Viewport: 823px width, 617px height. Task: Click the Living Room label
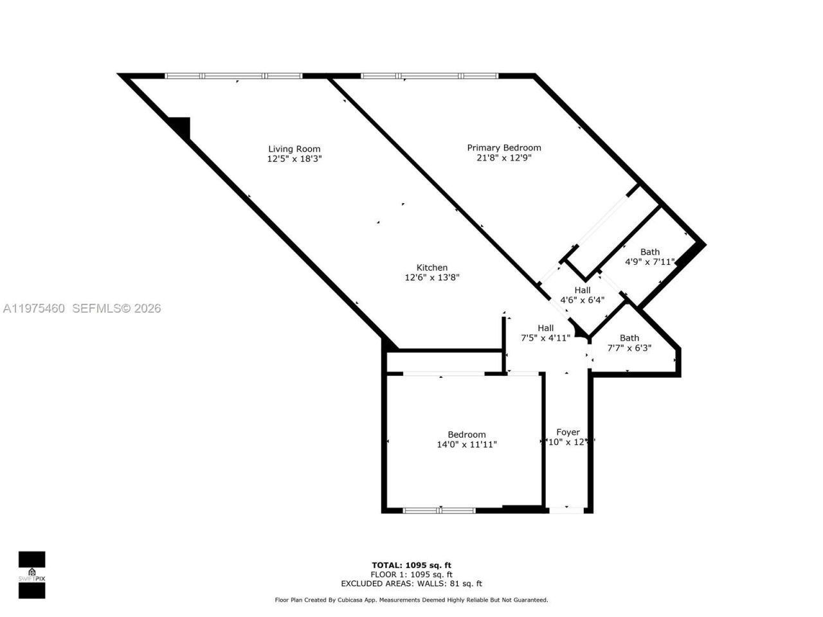pyautogui.click(x=294, y=149)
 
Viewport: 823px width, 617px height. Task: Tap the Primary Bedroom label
pyautogui.click(x=503, y=148)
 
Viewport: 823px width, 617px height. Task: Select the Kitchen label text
pyautogui.click(x=431, y=268)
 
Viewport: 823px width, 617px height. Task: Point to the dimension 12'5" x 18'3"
pyautogui.click(x=294, y=159)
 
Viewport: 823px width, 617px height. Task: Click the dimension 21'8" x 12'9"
pyautogui.click(x=503, y=157)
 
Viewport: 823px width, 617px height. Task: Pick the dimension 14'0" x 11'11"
pyautogui.click(x=466, y=444)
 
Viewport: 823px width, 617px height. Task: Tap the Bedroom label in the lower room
pyautogui.click(x=466, y=434)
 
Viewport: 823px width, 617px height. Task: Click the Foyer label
pyautogui.click(x=568, y=433)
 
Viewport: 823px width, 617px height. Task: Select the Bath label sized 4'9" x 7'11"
pyautogui.click(x=649, y=252)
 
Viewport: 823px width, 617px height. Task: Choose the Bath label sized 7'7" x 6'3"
pyautogui.click(x=629, y=338)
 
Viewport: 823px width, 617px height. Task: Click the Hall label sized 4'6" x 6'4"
pyautogui.click(x=582, y=291)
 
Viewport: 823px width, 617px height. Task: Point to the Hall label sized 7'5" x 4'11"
pyautogui.click(x=545, y=328)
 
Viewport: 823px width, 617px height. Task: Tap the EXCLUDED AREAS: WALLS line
pyautogui.click(x=411, y=584)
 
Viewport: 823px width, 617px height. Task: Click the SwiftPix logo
pyautogui.click(x=32, y=575)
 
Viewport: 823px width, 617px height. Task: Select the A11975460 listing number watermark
pyautogui.click(x=33, y=308)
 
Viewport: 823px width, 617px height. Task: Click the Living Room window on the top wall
pyautogui.click(x=233, y=76)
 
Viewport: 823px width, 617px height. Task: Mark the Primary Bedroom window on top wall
pyautogui.click(x=429, y=76)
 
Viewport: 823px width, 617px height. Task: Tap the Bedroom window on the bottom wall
pyautogui.click(x=440, y=510)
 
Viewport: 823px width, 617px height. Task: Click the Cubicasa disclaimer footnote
pyautogui.click(x=411, y=600)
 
